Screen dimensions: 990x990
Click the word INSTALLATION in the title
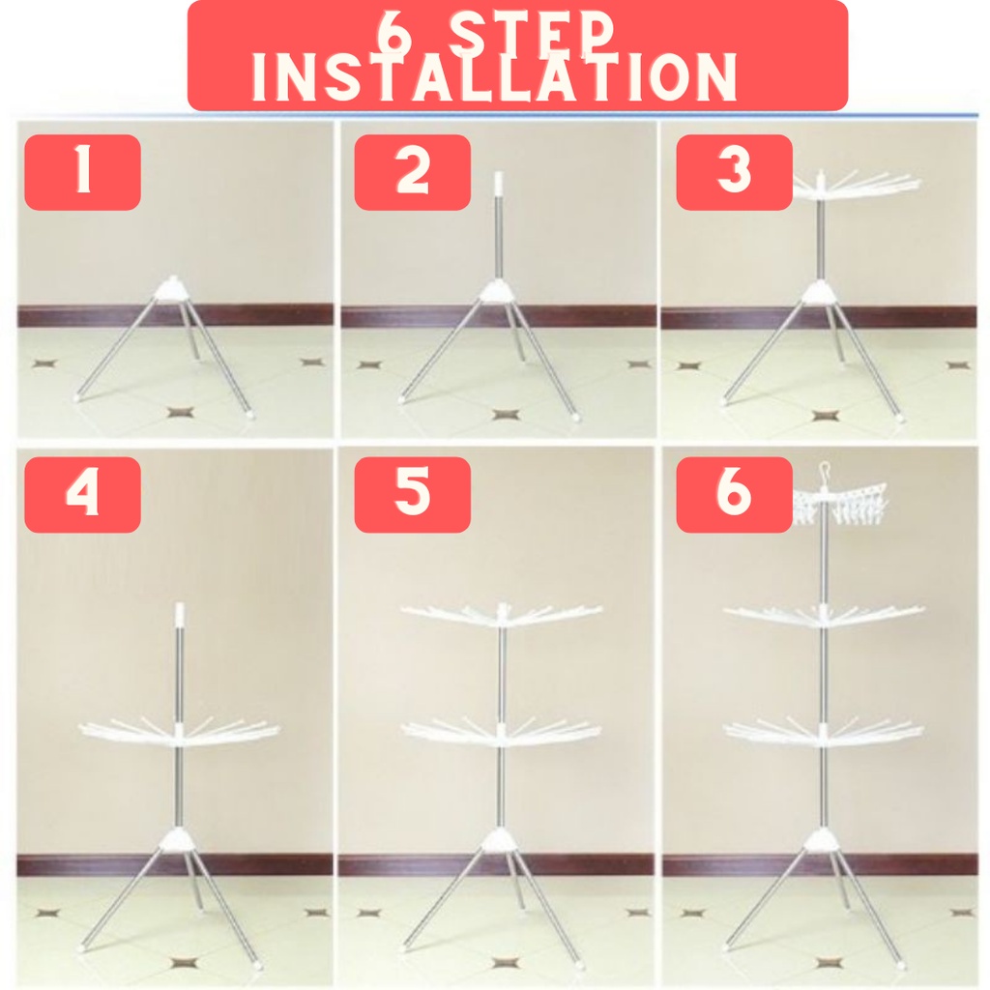click(x=494, y=77)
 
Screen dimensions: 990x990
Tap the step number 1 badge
click(x=83, y=172)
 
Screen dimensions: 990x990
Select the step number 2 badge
click(x=412, y=172)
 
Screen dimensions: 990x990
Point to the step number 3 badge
click(x=735, y=172)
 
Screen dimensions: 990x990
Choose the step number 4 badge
click(x=83, y=494)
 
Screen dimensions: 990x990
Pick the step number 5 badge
click(x=412, y=494)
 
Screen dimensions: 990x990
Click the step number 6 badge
click(x=735, y=494)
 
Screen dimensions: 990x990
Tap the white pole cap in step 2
click(x=498, y=183)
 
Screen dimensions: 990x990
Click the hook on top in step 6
click(x=824, y=471)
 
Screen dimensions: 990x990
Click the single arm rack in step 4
click(x=179, y=733)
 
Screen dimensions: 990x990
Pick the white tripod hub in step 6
click(x=824, y=841)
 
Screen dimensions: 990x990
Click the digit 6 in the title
click(x=394, y=32)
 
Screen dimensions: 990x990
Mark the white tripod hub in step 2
click(x=498, y=290)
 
